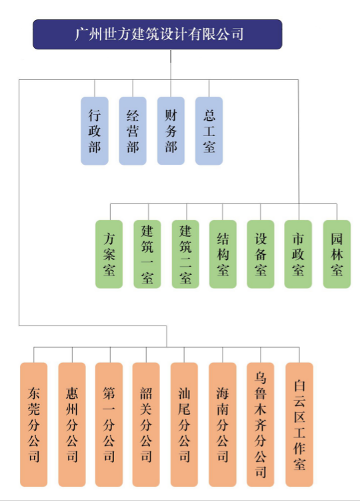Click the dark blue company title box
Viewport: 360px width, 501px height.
[x=157, y=35]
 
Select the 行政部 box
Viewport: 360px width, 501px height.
[x=95, y=131]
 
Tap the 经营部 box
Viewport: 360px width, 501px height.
[x=133, y=131]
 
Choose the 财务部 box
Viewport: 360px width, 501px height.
[x=171, y=131]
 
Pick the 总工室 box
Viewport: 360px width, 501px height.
[x=209, y=131]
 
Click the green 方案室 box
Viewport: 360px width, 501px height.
[x=109, y=254]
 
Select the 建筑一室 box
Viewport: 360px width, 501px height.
[x=147, y=254]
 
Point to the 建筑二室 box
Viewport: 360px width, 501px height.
[x=185, y=254]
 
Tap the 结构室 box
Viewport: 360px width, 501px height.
[x=223, y=254]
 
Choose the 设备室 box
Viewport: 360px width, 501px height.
[x=261, y=254]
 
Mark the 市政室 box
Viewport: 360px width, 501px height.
[x=298, y=254]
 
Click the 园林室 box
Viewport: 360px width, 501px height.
[x=337, y=254]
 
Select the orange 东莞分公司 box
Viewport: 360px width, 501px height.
[x=34, y=425]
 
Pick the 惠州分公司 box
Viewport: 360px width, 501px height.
[x=72, y=425]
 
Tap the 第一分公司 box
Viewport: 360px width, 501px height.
[x=109, y=425]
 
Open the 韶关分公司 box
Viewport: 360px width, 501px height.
[x=146, y=425]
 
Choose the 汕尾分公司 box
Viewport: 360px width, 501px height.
[x=184, y=425]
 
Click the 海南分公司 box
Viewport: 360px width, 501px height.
[x=223, y=425]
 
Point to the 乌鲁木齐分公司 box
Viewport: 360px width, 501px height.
[x=261, y=425]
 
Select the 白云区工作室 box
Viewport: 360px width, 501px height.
[x=299, y=425]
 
